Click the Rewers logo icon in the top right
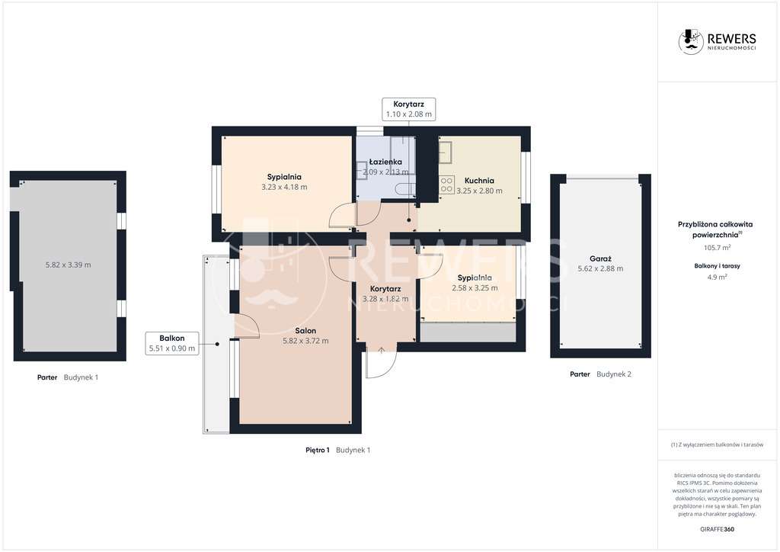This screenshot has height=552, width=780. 691,41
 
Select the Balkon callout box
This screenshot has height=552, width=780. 172,343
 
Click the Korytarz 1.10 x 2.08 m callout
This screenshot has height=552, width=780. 408,108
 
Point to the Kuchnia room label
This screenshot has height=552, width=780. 479,181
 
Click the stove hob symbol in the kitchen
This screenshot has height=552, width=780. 446,185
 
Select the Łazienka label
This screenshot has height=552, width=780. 386,162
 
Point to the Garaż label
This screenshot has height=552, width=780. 600,258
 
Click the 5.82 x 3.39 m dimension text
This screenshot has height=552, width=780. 69,265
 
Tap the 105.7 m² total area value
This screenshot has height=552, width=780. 715,248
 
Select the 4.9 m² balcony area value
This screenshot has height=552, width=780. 715,277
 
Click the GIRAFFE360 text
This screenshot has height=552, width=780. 716,529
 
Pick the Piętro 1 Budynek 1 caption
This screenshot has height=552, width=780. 337,450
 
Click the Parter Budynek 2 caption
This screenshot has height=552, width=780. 600,374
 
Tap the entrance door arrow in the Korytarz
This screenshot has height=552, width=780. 381,349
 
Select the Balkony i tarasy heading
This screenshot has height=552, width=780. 715,265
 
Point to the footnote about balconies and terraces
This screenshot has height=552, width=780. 716,444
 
